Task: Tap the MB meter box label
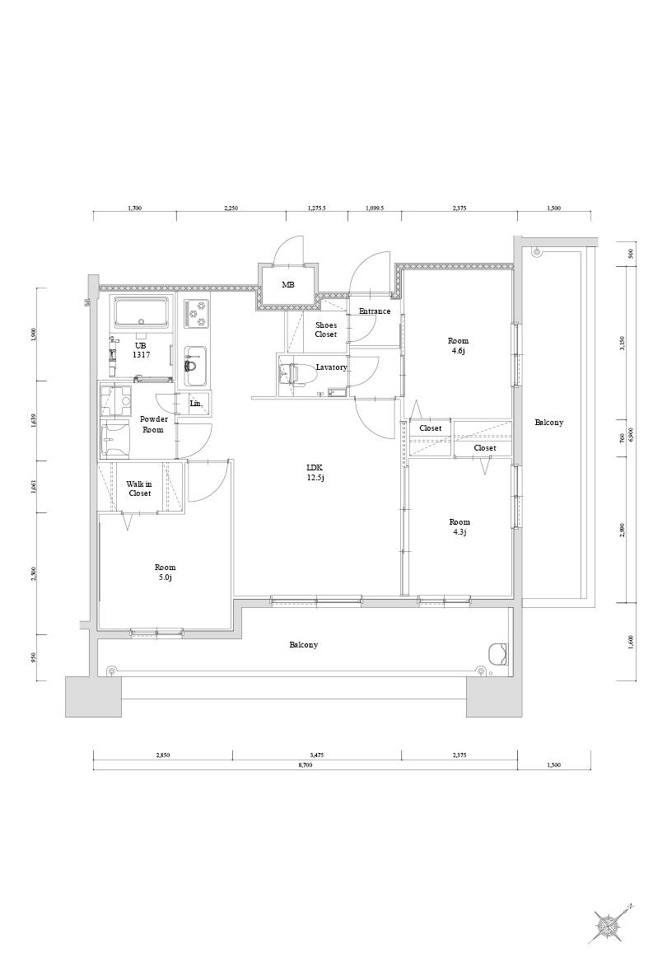[287, 285]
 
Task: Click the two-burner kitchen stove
[198, 313]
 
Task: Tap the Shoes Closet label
[326, 330]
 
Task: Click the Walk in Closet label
[139, 488]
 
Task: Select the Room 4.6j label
[458, 346]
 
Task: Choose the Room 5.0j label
[165, 572]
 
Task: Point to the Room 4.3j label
[459, 526]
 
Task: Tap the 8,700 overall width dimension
[305, 764]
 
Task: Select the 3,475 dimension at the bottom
[318, 755]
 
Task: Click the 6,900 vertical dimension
[630, 433]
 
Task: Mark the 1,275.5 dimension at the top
[317, 208]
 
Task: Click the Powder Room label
[153, 424]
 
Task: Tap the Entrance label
[375, 311]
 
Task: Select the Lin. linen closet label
[195, 404]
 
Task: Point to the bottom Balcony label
[304, 645]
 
